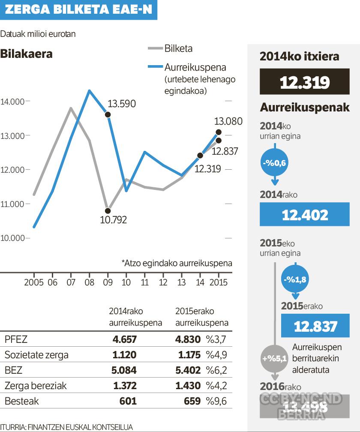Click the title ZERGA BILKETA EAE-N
[78, 10]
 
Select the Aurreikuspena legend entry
[195, 67]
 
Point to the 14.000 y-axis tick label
[12, 102]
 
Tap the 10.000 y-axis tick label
[12, 238]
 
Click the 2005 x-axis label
[34, 282]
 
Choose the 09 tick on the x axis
[108, 282]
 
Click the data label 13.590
[121, 104]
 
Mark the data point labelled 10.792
[108, 210]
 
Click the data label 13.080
[228, 121]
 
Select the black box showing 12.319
[304, 83]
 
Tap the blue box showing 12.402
[304, 215]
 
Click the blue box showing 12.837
[315, 326]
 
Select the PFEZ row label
[16, 339]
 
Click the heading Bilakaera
[27, 54]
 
